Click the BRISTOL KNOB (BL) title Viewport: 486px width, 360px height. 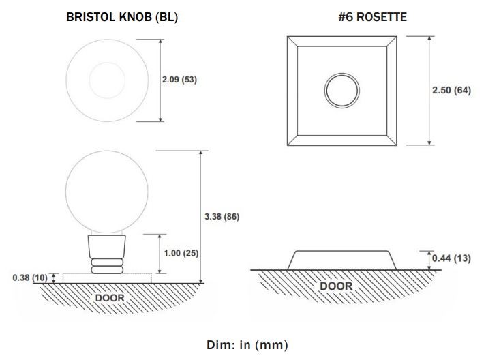tap(122, 17)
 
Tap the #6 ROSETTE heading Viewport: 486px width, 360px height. tap(373, 17)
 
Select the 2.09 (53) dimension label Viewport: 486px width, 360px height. tap(179, 80)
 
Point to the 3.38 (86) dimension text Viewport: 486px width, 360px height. tap(222, 216)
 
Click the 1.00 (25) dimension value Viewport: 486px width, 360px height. tap(181, 253)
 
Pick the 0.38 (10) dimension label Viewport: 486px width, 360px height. tap(30, 277)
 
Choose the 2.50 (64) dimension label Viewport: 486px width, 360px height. tap(451, 90)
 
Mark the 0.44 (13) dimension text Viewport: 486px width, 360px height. tap(451, 258)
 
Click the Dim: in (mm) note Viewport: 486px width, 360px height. tap(247, 345)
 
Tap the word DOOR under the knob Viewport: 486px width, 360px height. tap(110, 298)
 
